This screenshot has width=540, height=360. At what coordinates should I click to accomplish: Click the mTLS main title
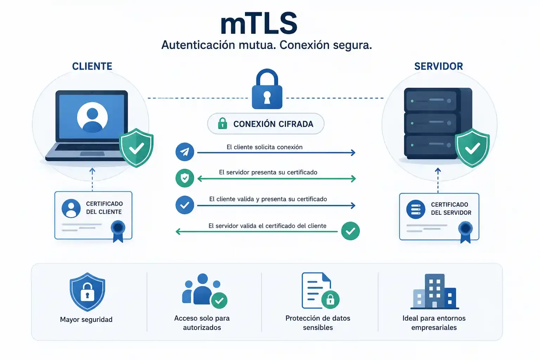tap(259, 24)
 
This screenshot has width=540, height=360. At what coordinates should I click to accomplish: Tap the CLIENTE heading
tap(92, 66)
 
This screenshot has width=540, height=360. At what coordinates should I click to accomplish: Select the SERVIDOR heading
tap(438, 66)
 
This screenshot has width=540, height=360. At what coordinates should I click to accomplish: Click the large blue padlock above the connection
tap(267, 89)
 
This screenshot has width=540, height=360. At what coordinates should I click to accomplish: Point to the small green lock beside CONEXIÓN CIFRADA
tap(223, 123)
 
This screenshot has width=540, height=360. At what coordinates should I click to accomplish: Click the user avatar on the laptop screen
tap(92, 117)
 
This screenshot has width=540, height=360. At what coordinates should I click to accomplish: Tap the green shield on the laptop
tap(136, 148)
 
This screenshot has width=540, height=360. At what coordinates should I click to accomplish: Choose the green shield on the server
tap(472, 148)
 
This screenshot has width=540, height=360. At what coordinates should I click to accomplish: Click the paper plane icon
tap(185, 152)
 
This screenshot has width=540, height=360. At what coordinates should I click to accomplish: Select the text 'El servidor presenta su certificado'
tap(268, 172)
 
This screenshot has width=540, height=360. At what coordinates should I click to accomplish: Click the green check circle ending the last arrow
tap(351, 231)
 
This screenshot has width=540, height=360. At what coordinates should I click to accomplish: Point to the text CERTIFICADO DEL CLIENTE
tap(104, 208)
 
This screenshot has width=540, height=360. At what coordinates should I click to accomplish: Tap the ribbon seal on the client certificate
tap(118, 231)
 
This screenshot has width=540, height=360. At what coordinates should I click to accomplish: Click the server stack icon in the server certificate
tap(416, 209)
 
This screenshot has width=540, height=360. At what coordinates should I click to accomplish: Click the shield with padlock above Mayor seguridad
tap(87, 292)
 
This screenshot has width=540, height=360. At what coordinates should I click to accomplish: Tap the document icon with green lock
tap(321, 290)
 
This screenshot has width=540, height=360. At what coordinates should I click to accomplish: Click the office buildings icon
tap(435, 291)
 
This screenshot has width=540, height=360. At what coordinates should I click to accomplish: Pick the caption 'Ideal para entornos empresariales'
tap(434, 323)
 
